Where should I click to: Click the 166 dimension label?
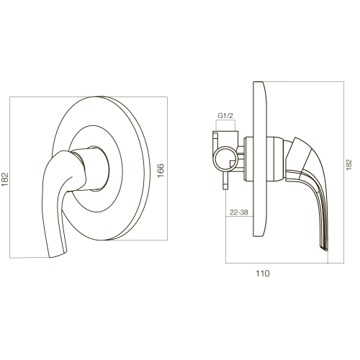161,171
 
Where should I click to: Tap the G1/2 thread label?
225,116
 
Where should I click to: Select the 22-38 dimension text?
238,212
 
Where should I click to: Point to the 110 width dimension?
262,274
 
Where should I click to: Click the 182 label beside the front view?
5,179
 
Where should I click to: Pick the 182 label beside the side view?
348,165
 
